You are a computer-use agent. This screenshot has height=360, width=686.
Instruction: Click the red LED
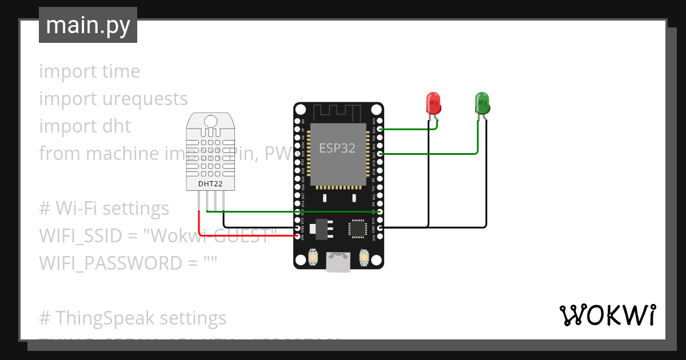coord(433,103)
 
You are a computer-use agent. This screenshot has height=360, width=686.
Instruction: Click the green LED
coord(482,103)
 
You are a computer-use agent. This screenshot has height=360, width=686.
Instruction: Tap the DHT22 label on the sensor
coord(210,184)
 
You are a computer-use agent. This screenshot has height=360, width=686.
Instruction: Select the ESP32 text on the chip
coord(337,148)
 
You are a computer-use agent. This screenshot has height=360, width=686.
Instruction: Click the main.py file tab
coord(88,26)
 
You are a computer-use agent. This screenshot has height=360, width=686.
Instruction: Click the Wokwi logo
coord(607,315)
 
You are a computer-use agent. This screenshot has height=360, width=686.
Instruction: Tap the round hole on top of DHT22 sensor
coord(210,121)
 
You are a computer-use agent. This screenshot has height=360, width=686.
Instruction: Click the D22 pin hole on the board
coord(380,130)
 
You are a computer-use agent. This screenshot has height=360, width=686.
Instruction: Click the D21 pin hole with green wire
coord(380,154)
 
